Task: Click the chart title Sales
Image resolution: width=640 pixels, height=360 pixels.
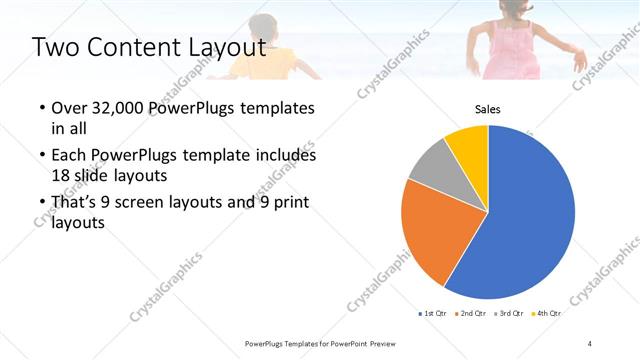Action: pos(487,109)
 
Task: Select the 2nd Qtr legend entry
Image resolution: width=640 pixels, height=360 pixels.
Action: pos(471,314)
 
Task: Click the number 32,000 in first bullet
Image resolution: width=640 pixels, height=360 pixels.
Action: pos(122,107)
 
